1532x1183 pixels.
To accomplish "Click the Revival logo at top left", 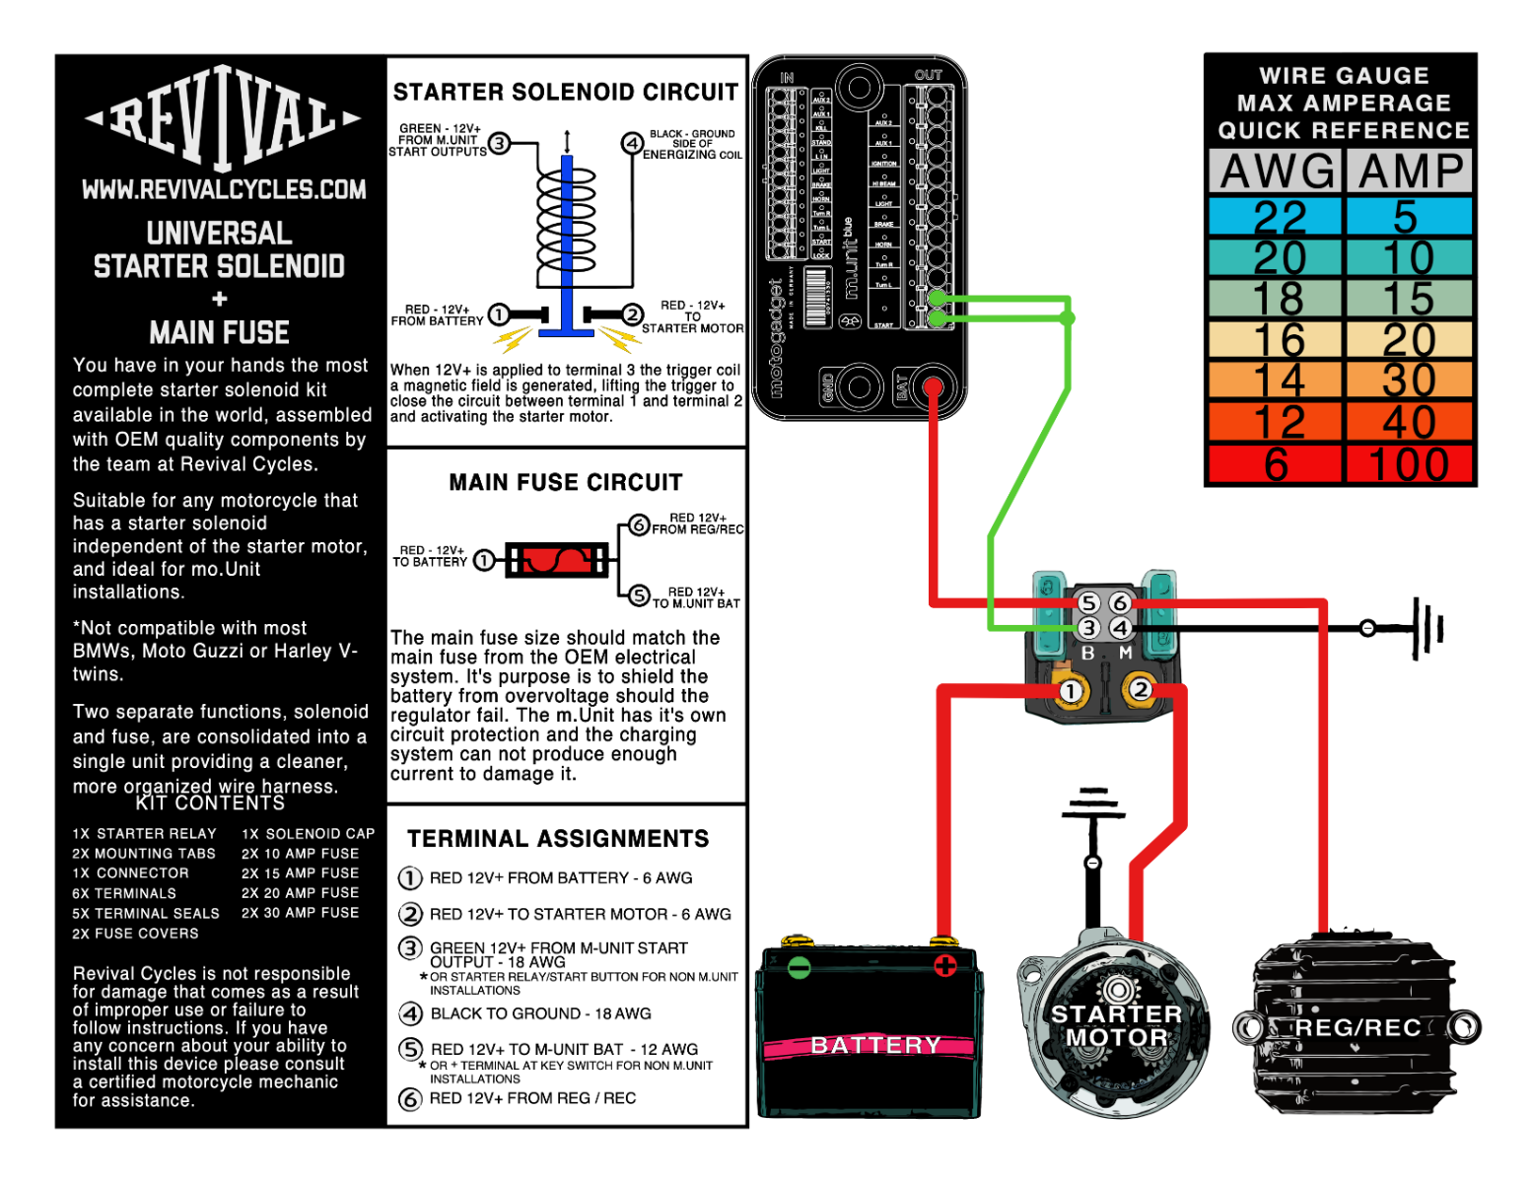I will (x=223, y=118).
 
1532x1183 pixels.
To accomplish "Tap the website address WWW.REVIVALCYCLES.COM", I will (x=224, y=189).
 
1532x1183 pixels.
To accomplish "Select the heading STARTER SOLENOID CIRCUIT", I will (x=566, y=93).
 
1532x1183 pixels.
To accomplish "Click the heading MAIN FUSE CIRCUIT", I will (x=566, y=482).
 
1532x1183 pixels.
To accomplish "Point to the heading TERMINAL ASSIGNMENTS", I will (x=558, y=839).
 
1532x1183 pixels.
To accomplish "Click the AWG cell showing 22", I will (x=1279, y=216).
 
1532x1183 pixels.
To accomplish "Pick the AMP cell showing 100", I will (x=1409, y=464).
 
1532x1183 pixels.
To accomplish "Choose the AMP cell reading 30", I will (x=1409, y=381).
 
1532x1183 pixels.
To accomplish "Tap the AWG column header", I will (x=1277, y=172).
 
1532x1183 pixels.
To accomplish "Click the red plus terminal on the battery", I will (x=944, y=965).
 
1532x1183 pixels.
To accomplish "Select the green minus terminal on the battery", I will (x=800, y=967).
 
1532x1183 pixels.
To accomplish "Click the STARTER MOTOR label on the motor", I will (x=1116, y=1025).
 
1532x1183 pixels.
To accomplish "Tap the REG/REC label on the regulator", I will (x=1358, y=1028).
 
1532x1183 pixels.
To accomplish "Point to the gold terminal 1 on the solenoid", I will (x=1070, y=691).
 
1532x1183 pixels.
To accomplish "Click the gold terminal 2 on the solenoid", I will (x=1141, y=689).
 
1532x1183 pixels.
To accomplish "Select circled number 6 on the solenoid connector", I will (x=1120, y=602).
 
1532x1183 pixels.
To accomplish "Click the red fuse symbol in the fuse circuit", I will (x=557, y=560).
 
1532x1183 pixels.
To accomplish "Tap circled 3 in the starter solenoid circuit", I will (x=500, y=144).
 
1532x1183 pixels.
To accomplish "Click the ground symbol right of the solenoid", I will (x=1425, y=627).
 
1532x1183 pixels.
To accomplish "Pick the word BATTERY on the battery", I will (x=875, y=1045).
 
